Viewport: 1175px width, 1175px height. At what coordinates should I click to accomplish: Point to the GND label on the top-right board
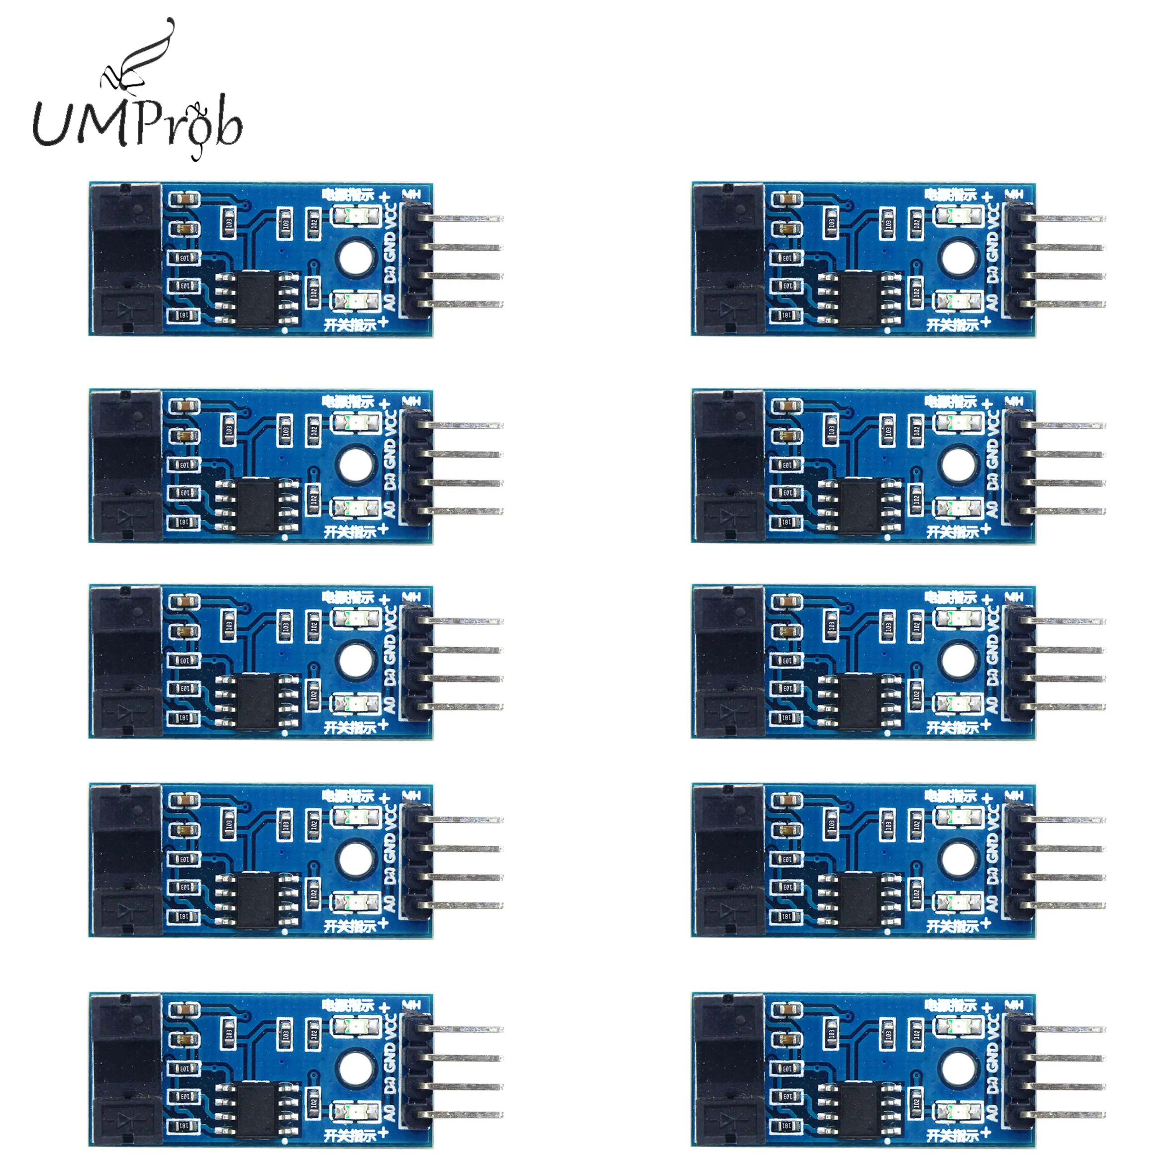point(992,248)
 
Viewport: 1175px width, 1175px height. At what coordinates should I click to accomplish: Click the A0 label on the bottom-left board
point(390,1112)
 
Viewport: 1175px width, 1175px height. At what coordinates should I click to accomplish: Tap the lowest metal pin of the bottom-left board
point(468,1115)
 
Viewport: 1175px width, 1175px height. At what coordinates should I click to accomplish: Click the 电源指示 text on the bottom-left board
point(348,1005)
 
